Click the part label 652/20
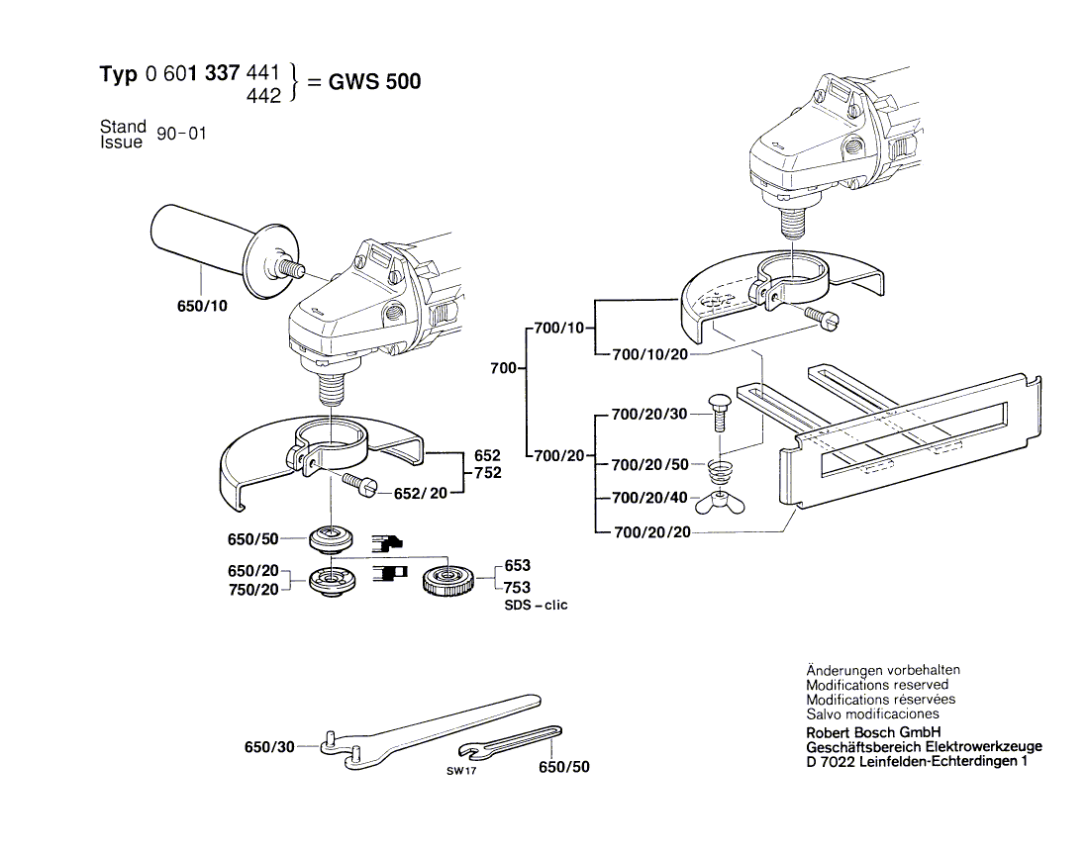[421, 492]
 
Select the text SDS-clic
[537, 605]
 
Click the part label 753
[517, 586]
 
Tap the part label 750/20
[252, 589]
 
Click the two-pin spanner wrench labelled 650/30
[426, 725]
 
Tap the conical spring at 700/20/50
[720, 465]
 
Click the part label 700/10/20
[650, 353]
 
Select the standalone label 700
[503, 368]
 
